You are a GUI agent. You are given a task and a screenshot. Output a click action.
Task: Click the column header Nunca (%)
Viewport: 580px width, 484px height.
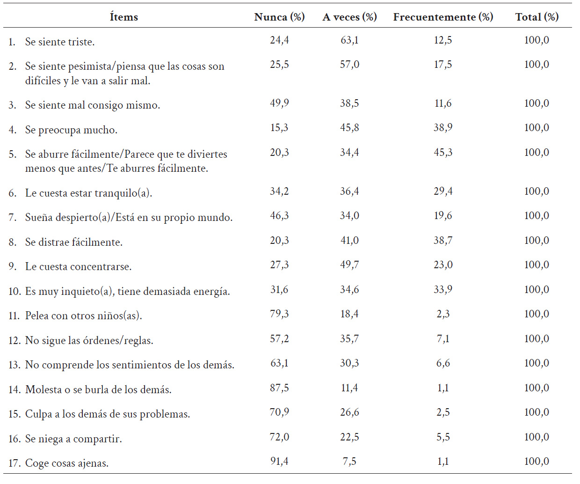point(279,17)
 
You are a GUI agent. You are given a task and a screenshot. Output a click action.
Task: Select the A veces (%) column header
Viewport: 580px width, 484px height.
point(349,17)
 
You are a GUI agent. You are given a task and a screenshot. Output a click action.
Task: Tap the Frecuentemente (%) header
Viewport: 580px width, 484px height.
point(443,17)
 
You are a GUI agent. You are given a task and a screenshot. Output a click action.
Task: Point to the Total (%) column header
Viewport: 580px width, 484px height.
point(536,17)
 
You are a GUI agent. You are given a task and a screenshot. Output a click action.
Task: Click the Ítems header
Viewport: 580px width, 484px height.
point(124,17)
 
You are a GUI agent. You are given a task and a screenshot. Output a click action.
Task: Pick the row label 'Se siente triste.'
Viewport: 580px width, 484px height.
point(60,42)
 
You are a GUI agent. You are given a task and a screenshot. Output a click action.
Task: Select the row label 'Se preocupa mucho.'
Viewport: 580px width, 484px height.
point(71,130)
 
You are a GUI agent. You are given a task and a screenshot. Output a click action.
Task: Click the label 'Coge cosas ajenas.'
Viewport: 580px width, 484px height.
point(67,463)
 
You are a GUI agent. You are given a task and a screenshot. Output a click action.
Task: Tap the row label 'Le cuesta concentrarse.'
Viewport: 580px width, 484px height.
point(78,267)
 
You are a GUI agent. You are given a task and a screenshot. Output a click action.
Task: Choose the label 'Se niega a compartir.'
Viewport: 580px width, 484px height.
point(73,439)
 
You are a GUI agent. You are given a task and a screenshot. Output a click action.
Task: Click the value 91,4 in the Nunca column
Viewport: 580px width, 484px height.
point(279,461)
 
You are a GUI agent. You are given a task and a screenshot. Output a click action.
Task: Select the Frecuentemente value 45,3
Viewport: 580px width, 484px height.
point(443,152)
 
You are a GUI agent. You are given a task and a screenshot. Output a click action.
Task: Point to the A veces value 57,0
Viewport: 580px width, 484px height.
point(349,65)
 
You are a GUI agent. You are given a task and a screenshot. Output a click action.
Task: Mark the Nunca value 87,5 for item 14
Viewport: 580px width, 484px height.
point(279,388)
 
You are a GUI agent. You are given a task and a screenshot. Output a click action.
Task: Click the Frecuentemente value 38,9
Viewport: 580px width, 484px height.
point(443,128)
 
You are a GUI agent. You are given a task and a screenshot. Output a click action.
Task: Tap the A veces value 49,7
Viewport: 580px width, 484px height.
point(349,264)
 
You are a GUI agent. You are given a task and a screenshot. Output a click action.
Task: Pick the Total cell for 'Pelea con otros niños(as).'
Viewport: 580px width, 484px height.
point(536,314)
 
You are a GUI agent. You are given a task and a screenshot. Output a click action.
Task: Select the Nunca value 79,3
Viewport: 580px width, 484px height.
point(279,314)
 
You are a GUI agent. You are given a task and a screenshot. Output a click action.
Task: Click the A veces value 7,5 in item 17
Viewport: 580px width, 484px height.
point(349,461)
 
